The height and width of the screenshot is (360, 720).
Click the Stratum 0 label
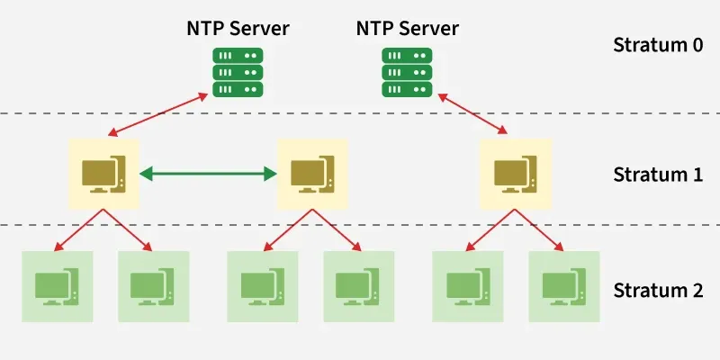pos(657,44)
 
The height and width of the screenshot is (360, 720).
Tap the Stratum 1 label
pos(657,174)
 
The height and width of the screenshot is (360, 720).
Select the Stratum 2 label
pos(657,290)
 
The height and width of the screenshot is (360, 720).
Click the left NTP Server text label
pos(238,28)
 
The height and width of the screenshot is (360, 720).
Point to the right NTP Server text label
pos(407,28)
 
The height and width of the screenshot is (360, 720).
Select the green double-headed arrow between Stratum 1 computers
pos(208,174)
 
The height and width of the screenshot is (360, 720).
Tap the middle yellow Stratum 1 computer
pos(312,174)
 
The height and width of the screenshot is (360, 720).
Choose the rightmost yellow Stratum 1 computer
pos(515,174)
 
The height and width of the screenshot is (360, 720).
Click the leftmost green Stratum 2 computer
pos(58,286)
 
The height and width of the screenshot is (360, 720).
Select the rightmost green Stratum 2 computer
pos(564,286)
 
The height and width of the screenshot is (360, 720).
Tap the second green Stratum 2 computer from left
pos(154,286)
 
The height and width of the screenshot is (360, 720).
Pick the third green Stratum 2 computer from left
pos(263,286)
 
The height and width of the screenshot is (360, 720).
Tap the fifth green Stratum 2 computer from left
pos(468,286)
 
